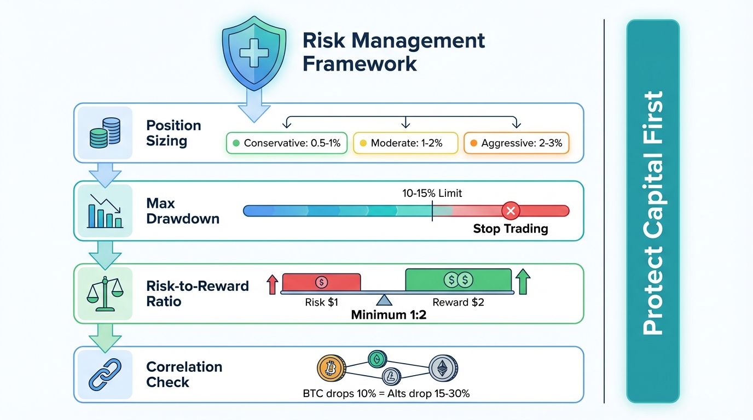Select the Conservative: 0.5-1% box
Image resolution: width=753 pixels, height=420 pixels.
coord(286,144)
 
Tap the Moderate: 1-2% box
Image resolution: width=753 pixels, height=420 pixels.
coord(406,144)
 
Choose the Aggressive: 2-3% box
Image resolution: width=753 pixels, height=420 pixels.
coord(517,144)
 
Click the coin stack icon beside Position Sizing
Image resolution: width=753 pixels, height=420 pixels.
coord(105,133)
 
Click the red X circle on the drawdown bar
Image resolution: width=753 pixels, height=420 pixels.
coord(511,211)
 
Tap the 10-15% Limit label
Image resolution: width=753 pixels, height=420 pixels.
coord(432,193)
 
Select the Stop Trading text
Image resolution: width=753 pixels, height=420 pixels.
coord(510,229)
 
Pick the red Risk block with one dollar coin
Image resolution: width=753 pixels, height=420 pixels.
coord(321,282)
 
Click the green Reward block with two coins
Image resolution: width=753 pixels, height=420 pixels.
coord(458,280)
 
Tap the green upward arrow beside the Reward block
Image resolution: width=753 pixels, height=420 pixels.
coord(523,281)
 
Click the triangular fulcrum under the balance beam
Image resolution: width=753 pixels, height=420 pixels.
coord(384,300)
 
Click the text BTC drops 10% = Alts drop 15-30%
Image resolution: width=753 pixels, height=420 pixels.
coord(386,393)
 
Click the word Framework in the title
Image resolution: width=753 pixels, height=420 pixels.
coord(360,63)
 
